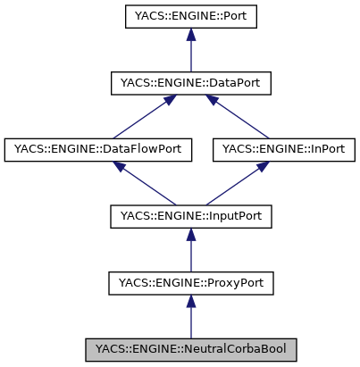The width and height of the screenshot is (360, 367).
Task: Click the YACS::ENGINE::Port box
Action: point(189,16)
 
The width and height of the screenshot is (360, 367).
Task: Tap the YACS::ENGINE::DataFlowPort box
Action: point(98,149)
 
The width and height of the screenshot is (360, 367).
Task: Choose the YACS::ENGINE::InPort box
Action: point(284,149)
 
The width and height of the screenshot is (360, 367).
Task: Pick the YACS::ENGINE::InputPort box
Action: point(189,216)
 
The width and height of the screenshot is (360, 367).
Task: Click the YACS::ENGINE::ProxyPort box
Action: point(189,283)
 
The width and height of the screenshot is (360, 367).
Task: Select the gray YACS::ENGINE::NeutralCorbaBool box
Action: point(189,349)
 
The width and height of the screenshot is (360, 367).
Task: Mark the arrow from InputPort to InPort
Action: point(238,183)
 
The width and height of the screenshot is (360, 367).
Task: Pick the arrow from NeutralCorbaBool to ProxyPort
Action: point(189,318)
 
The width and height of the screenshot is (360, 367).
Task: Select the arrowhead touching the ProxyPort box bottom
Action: point(189,303)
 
